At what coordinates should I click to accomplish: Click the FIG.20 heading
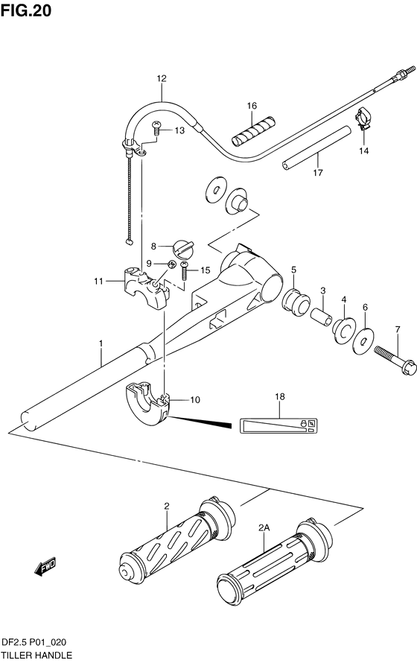[26, 10]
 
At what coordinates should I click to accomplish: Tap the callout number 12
[162, 79]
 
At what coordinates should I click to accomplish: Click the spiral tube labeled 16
[253, 130]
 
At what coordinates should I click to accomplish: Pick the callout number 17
[318, 173]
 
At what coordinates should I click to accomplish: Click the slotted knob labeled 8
[183, 248]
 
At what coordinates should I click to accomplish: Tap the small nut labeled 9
[171, 264]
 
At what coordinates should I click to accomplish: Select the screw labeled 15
[185, 270]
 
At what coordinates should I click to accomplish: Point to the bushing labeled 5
[296, 301]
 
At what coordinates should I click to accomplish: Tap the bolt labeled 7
[395, 361]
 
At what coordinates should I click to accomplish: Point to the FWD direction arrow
[45, 566]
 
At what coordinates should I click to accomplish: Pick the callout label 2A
[264, 527]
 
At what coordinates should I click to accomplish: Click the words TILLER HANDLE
[37, 656]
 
